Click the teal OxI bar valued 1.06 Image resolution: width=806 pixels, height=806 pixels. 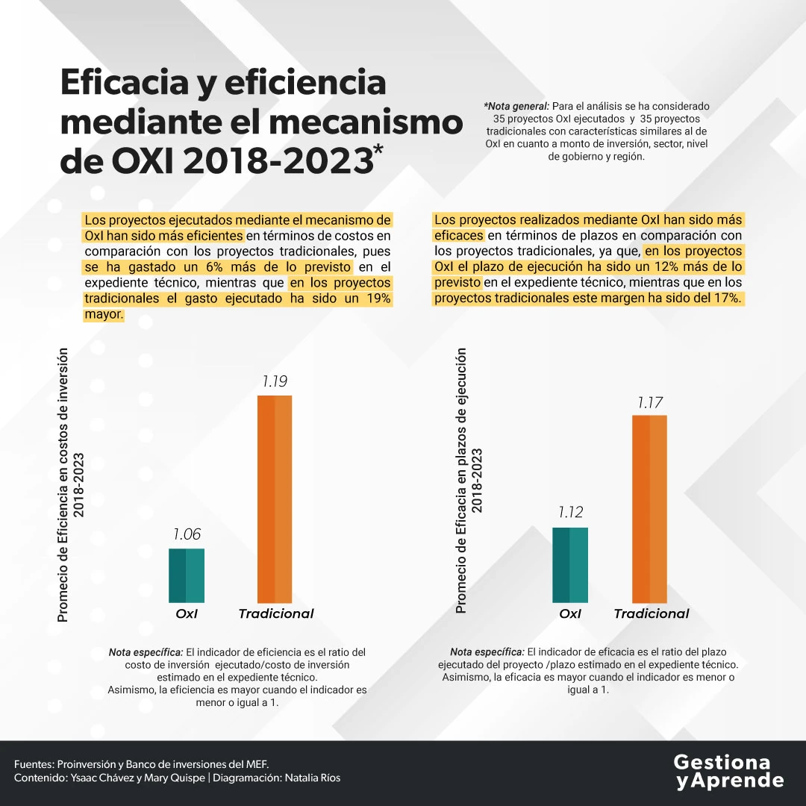[x=187, y=575]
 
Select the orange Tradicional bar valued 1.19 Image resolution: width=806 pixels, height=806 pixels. [x=275, y=499]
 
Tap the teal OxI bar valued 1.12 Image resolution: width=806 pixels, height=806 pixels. [x=570, y=565]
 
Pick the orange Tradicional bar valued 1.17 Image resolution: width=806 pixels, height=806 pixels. [x=649, y=508]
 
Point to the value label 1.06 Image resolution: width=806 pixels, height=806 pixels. [x=187, y=534]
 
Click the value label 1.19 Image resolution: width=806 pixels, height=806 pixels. [x=275, y=381]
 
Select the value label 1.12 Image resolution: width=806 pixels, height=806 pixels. [x=570, y=513]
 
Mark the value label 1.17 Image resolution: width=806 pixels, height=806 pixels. [x=649, y=403]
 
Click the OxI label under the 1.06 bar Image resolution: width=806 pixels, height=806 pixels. [x=187, y=614]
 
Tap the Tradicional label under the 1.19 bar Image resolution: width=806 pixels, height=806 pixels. [x=276, y=614]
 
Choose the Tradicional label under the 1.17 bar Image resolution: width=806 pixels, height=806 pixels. [x=652, y=614]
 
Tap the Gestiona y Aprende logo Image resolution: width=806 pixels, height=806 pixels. [x=728, y=772]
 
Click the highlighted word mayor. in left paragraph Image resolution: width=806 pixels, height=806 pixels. [x=103, y=315]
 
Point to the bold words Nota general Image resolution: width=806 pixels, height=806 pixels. [x=516, y=107]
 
